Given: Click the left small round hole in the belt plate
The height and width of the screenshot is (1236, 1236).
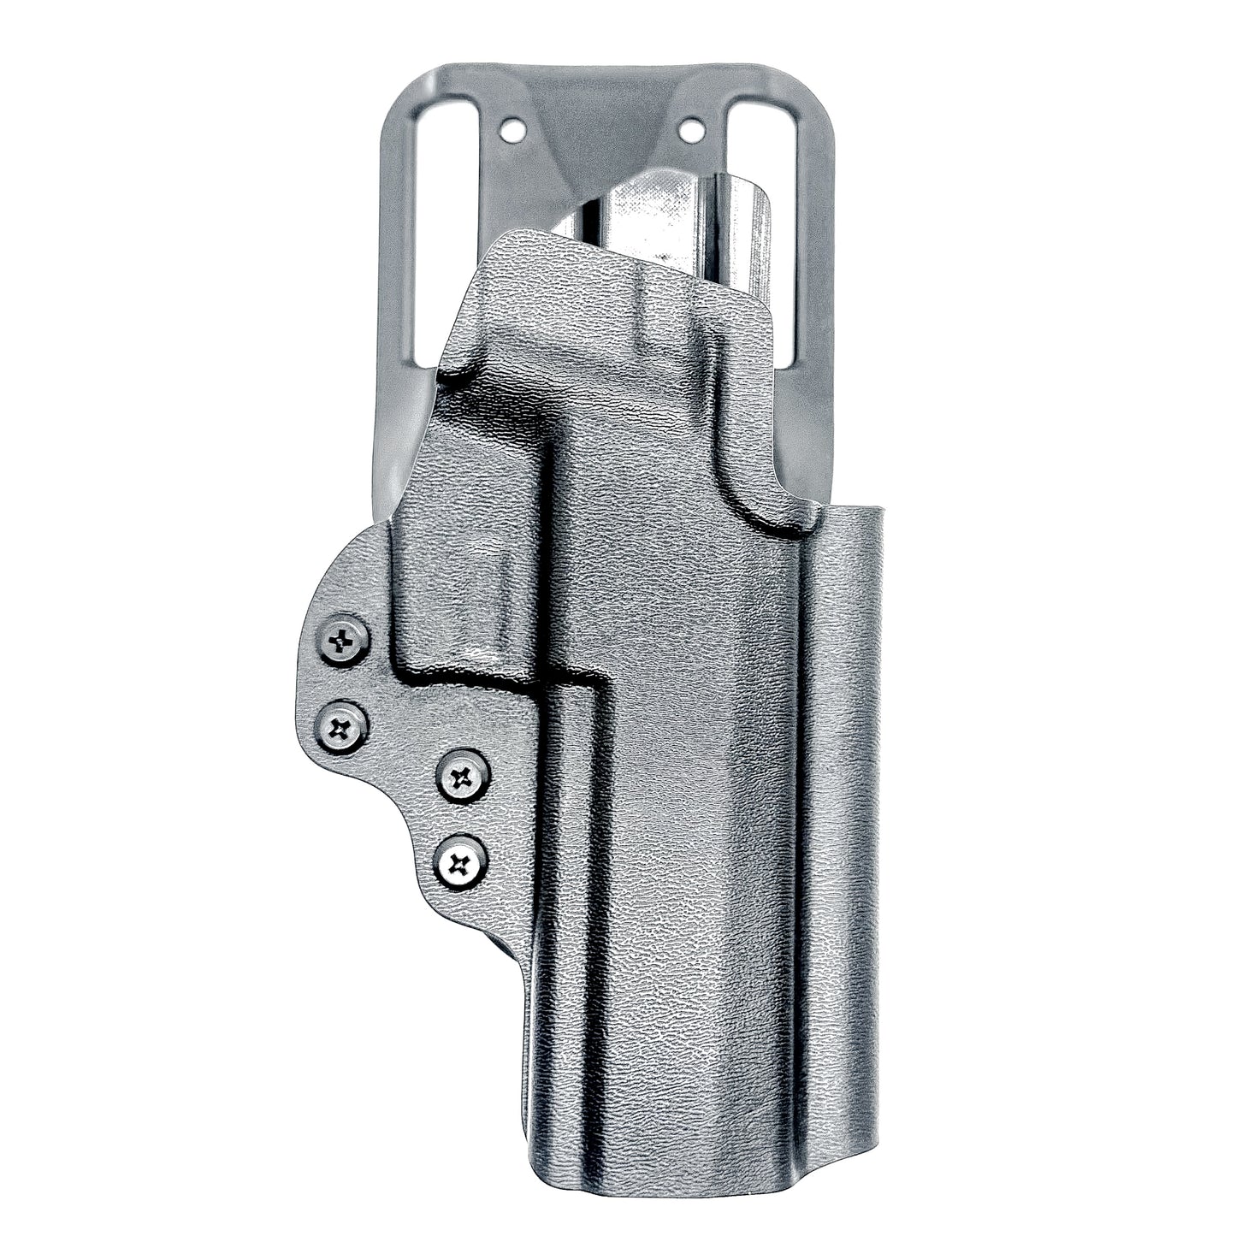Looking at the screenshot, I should (512, 130).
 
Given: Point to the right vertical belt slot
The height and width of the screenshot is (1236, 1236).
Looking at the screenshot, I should (765, 222).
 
